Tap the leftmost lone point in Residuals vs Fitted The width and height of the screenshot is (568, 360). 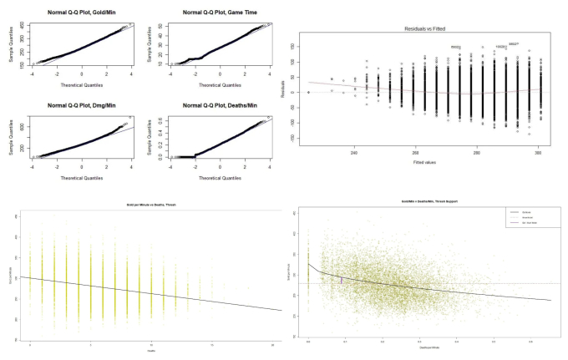pyautogui.click(x=309, y=92)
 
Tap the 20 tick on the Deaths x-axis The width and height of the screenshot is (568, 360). pyautogui.click(x=274, y=344)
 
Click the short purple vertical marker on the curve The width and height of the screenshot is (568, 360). pyautogui.click(x=342, y=281)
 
